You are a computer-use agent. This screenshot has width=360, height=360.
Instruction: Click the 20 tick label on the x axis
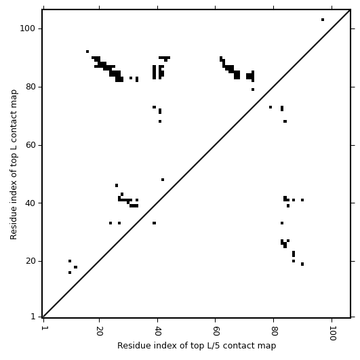(x=99, y=331)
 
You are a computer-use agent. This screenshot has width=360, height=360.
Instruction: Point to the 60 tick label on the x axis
(x=216, y=331)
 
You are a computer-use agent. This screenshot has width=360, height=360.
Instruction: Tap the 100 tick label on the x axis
(x=332, y=333)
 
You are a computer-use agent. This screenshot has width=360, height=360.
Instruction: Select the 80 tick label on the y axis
(x=31, y=87)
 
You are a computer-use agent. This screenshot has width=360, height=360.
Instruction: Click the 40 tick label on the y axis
(x=31, y=203)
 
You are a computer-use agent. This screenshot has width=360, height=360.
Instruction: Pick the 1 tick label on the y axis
(x=33, y=317)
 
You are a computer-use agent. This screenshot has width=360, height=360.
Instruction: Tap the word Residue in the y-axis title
(x=14, y=224)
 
